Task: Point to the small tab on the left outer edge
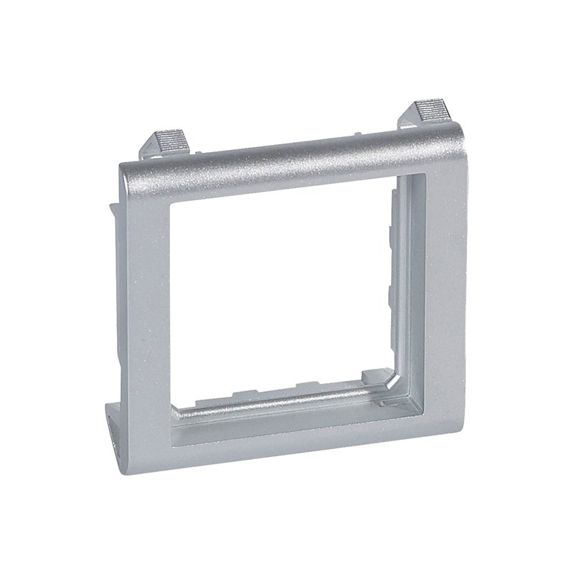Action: [112, 212]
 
